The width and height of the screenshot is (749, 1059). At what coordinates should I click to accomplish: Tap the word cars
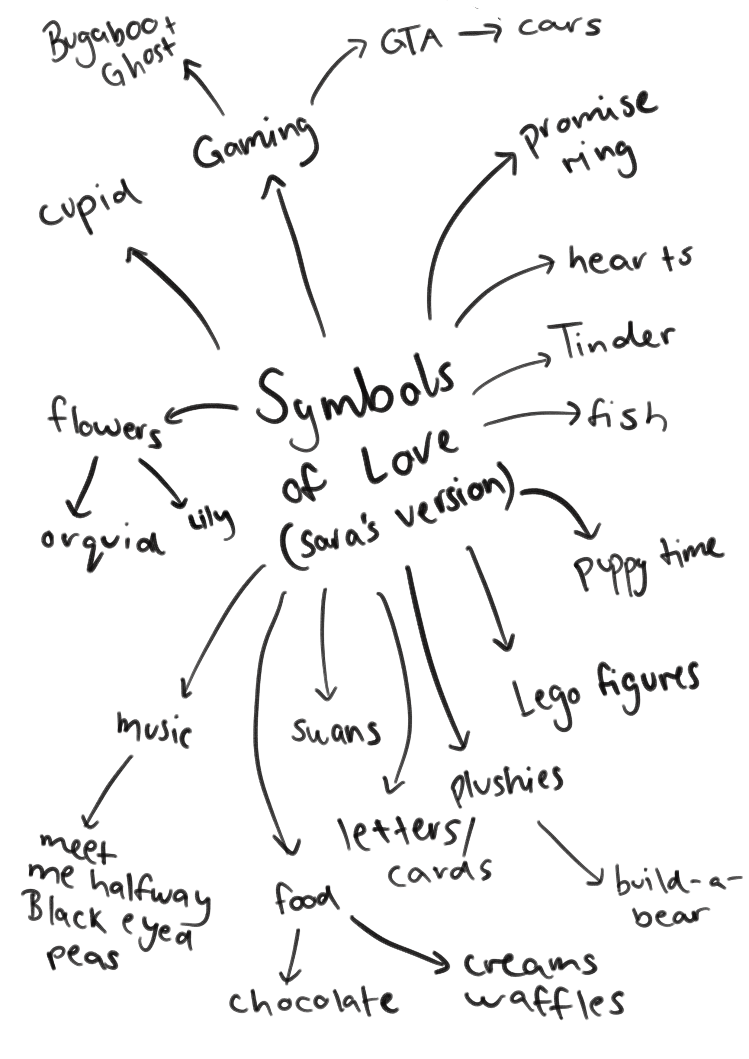(x=559, y=28)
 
